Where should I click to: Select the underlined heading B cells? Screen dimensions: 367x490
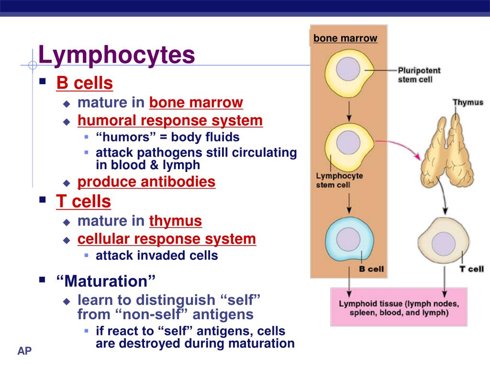tap(84, 83)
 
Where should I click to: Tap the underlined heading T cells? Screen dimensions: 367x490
tap(83, 202)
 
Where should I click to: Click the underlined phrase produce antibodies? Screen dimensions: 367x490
tap(146, 182)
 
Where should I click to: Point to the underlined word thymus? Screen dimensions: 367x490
tap(176, 221)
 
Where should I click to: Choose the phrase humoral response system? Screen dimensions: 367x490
tap(170, 120)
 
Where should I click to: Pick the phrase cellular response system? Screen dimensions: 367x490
tap(167, 239)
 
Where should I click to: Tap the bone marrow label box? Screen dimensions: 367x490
tap(345, 38)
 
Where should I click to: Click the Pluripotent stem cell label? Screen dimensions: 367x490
tap(419, 75)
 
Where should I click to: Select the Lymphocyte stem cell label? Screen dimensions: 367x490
tap(339, 180)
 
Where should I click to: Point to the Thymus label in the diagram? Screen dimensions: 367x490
tap(468, 102)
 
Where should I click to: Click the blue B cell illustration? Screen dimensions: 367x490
tap(348, 237)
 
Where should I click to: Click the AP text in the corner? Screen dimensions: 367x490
tap(24, 352)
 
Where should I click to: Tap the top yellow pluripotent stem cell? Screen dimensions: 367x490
tap(348, 70)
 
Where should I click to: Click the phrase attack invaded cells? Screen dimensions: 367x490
tap(157, 256)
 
